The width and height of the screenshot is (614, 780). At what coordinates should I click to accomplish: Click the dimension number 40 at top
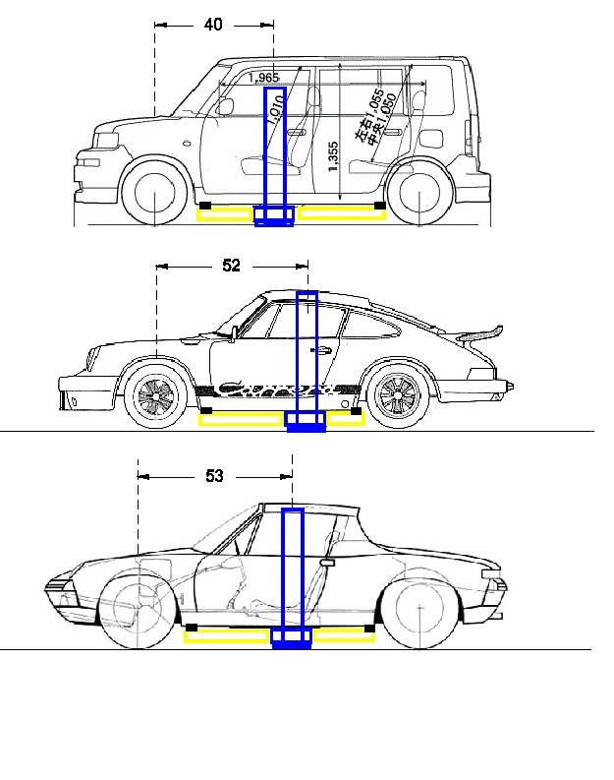tap(213, 25)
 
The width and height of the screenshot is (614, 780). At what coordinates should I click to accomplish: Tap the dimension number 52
tap(232, 266)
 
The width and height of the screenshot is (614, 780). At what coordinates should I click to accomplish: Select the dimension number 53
tap(214, 476)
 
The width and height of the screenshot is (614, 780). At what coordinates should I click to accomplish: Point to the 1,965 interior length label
tap(263, 77)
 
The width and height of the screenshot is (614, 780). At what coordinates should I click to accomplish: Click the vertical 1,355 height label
tap(334, 156)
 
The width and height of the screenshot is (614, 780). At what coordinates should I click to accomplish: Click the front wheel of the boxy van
tap(154, 193)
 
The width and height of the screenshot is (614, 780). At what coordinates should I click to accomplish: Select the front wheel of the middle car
tap(157, 396)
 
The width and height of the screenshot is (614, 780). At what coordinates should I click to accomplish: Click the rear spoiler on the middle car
tap(481, 332)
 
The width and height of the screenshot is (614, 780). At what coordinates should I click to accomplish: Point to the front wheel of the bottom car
tap(138, 613)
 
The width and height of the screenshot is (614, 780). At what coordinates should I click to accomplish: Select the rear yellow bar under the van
tap(340, 214)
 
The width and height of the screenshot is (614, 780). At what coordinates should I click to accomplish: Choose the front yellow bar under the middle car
tap(243, 420)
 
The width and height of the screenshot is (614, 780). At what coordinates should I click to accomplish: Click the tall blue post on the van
tap(274, 148)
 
